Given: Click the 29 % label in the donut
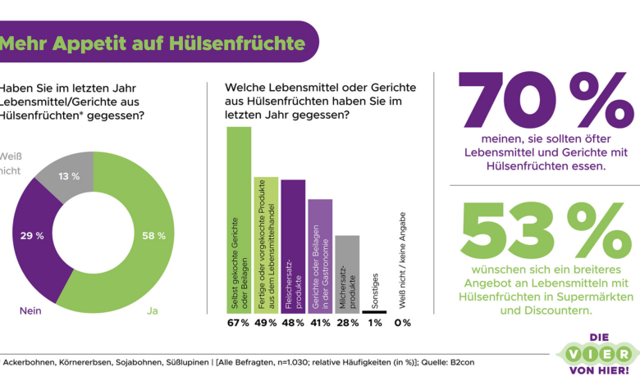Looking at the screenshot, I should coord(31,235).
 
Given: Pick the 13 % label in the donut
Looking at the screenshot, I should coord(69,176).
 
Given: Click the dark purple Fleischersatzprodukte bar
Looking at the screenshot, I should coord(293,246).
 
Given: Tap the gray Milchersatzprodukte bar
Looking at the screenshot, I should coord(347,274).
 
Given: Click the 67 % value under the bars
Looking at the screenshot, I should coord(239,323).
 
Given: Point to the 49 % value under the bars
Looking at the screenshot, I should coord(266,323).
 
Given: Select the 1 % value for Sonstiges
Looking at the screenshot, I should coord(374,323).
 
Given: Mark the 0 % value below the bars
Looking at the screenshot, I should coord(401,323).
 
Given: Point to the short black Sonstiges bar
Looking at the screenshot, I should coord(374,311).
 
